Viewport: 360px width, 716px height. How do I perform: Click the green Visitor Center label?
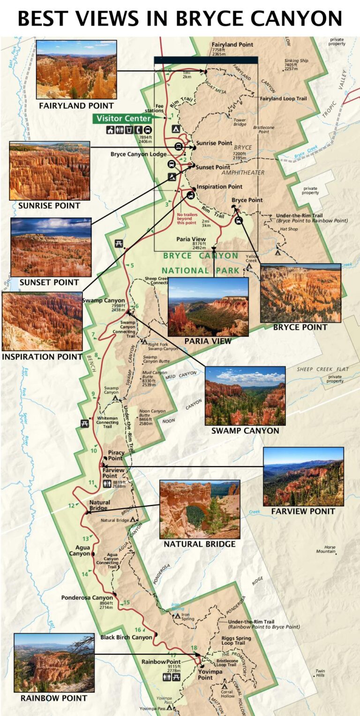[x=124, y=119]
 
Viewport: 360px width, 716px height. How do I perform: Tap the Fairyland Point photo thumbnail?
[x=76, y=69]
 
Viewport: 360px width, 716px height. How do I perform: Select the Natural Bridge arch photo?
[x=200, y=509]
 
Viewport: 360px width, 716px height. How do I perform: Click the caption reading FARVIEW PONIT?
[x=303, y=511]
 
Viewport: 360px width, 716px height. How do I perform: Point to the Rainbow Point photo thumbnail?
[x=54, y=663]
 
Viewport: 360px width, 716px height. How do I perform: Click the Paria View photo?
[x=208, y=307]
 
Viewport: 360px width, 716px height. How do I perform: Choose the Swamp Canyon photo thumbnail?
[x=245, y=396]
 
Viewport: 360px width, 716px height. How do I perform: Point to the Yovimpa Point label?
[x=205, y=675]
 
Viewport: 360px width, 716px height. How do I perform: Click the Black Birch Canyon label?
[x=126, y=637]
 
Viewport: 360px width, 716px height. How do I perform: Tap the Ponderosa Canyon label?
[x=87, y=598]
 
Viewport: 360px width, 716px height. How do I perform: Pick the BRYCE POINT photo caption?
[x=300, y=327]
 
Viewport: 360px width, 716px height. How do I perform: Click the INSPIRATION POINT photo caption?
[x=42, y=357]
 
